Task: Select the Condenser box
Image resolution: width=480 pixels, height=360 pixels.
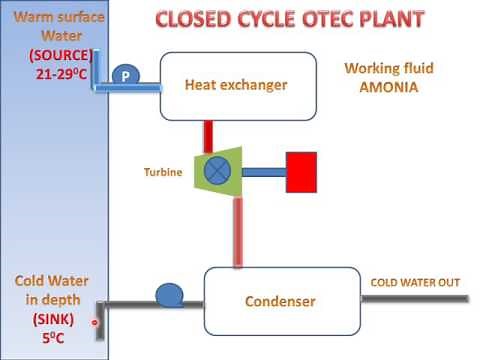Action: [281, 301]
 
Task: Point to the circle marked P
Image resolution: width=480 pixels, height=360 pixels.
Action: [126, 76]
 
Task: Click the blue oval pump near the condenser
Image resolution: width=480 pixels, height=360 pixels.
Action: [170, 294]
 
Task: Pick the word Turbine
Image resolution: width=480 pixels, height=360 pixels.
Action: [162, 172]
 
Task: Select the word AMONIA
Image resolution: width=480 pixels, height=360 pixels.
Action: [383, 87]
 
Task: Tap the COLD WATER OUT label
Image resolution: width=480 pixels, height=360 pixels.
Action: [415, 282]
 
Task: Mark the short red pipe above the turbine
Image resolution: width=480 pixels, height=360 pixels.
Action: [208, 135]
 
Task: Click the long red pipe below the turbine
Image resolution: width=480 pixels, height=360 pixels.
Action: [238, 232]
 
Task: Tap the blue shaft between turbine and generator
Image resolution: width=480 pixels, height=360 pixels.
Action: [264, 171]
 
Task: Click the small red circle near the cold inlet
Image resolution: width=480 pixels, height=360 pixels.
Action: [96, 322]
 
